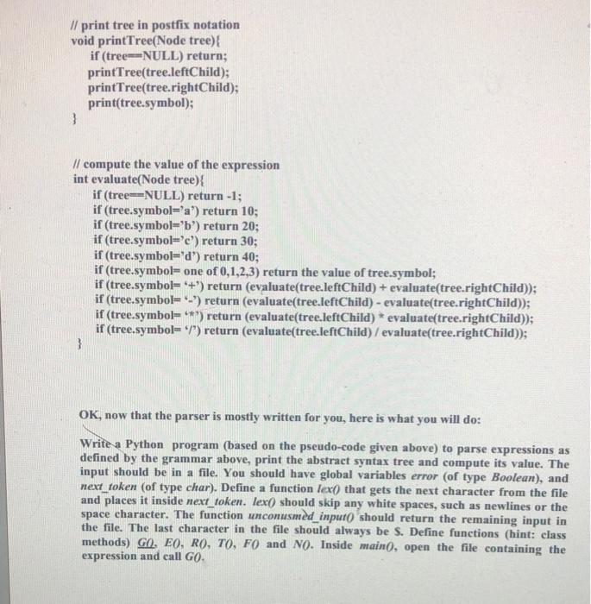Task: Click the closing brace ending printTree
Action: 75,123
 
